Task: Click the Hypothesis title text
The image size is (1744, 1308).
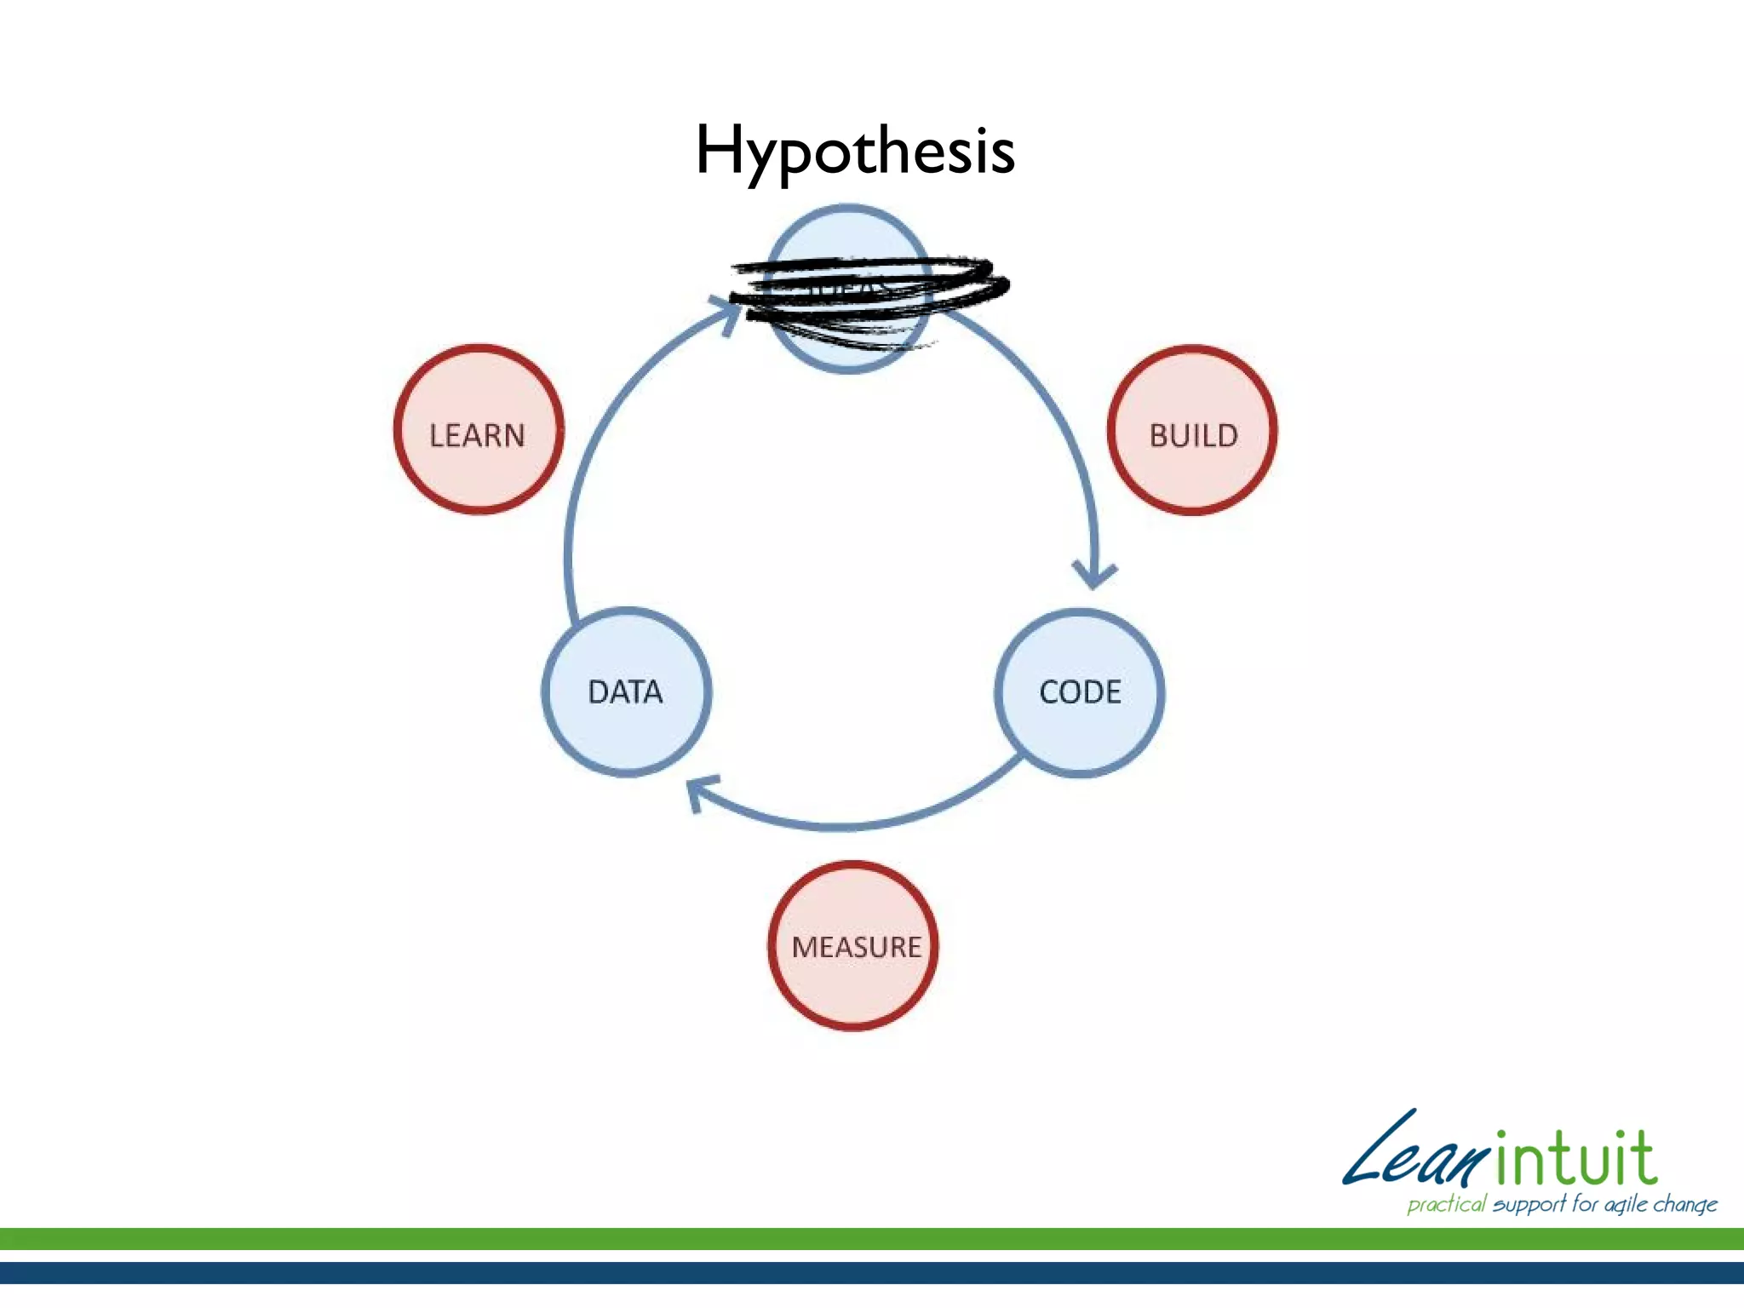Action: tap(855, 152)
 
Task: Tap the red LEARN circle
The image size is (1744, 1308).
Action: tap(478, 430)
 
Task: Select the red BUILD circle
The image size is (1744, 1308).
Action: tap(1192, 430)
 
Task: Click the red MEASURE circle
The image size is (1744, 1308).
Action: tap(854, 946)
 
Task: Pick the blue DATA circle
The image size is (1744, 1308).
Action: tap(627, 691)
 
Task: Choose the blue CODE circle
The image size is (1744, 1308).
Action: tap(1080, 691)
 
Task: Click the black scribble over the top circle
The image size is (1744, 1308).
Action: tap(869, 290)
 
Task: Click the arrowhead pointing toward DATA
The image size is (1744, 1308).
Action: tap(702, 792)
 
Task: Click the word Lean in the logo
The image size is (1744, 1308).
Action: tap(1414, 1154)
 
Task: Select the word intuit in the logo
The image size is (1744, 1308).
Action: tap(1575, 1158)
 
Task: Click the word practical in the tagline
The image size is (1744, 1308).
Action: tap(1446, 1204)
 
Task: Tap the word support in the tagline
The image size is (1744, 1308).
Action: tap(1529, 1204)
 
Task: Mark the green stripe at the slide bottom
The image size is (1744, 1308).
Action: tap(872, 1239)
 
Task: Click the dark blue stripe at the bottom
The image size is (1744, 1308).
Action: tap(872, 1273)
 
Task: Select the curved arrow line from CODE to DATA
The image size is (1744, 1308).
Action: tap(852, 824)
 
